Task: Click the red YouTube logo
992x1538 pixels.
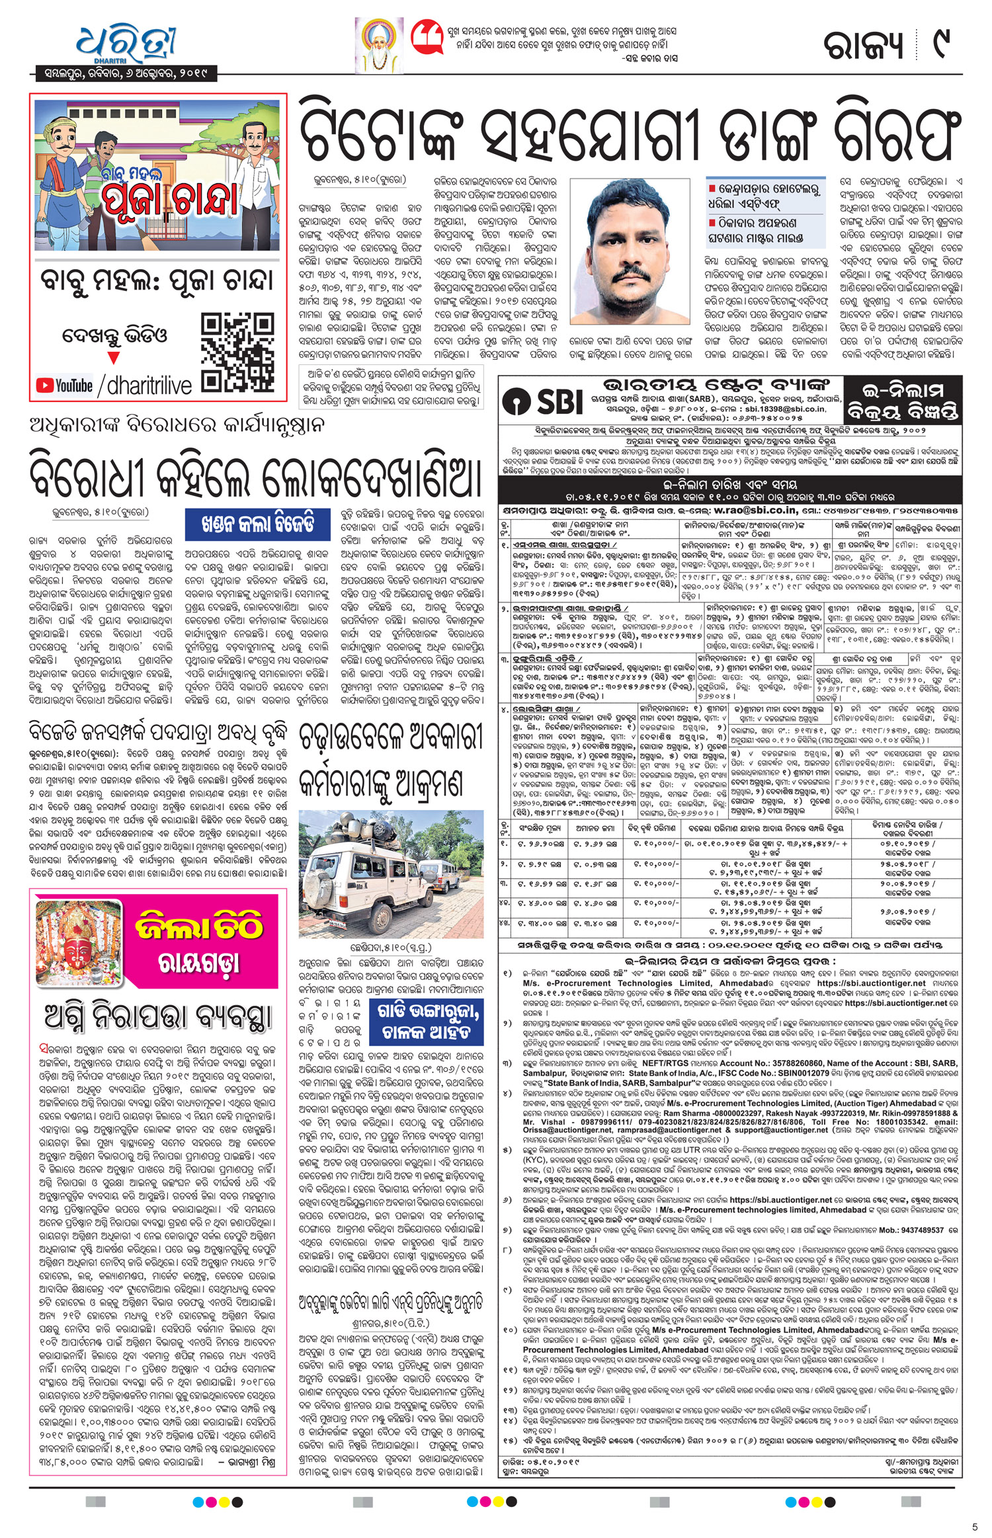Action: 64,385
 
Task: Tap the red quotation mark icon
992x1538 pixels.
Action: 427,38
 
